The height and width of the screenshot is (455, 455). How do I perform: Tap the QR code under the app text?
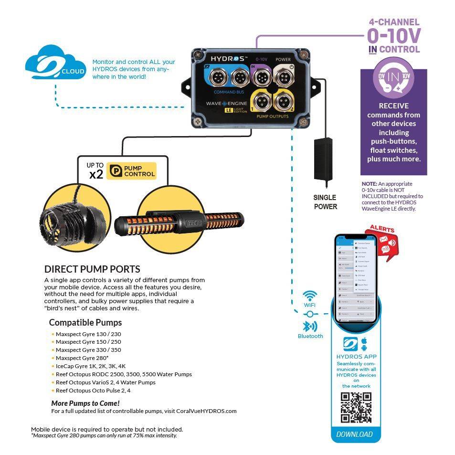(356, 407)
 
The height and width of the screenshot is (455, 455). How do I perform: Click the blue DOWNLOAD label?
(354, 434)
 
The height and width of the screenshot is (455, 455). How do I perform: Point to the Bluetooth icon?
(310, 327)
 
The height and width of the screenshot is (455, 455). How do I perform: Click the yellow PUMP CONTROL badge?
(131, 171)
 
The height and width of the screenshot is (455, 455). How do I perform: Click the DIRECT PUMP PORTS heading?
(92, 269)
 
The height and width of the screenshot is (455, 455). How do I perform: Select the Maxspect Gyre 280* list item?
(82, 358)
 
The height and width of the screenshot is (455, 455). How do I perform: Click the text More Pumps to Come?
(85, 403)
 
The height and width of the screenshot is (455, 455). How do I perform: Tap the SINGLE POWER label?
(325, 202)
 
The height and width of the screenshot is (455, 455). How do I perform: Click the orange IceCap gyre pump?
(186, 222)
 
